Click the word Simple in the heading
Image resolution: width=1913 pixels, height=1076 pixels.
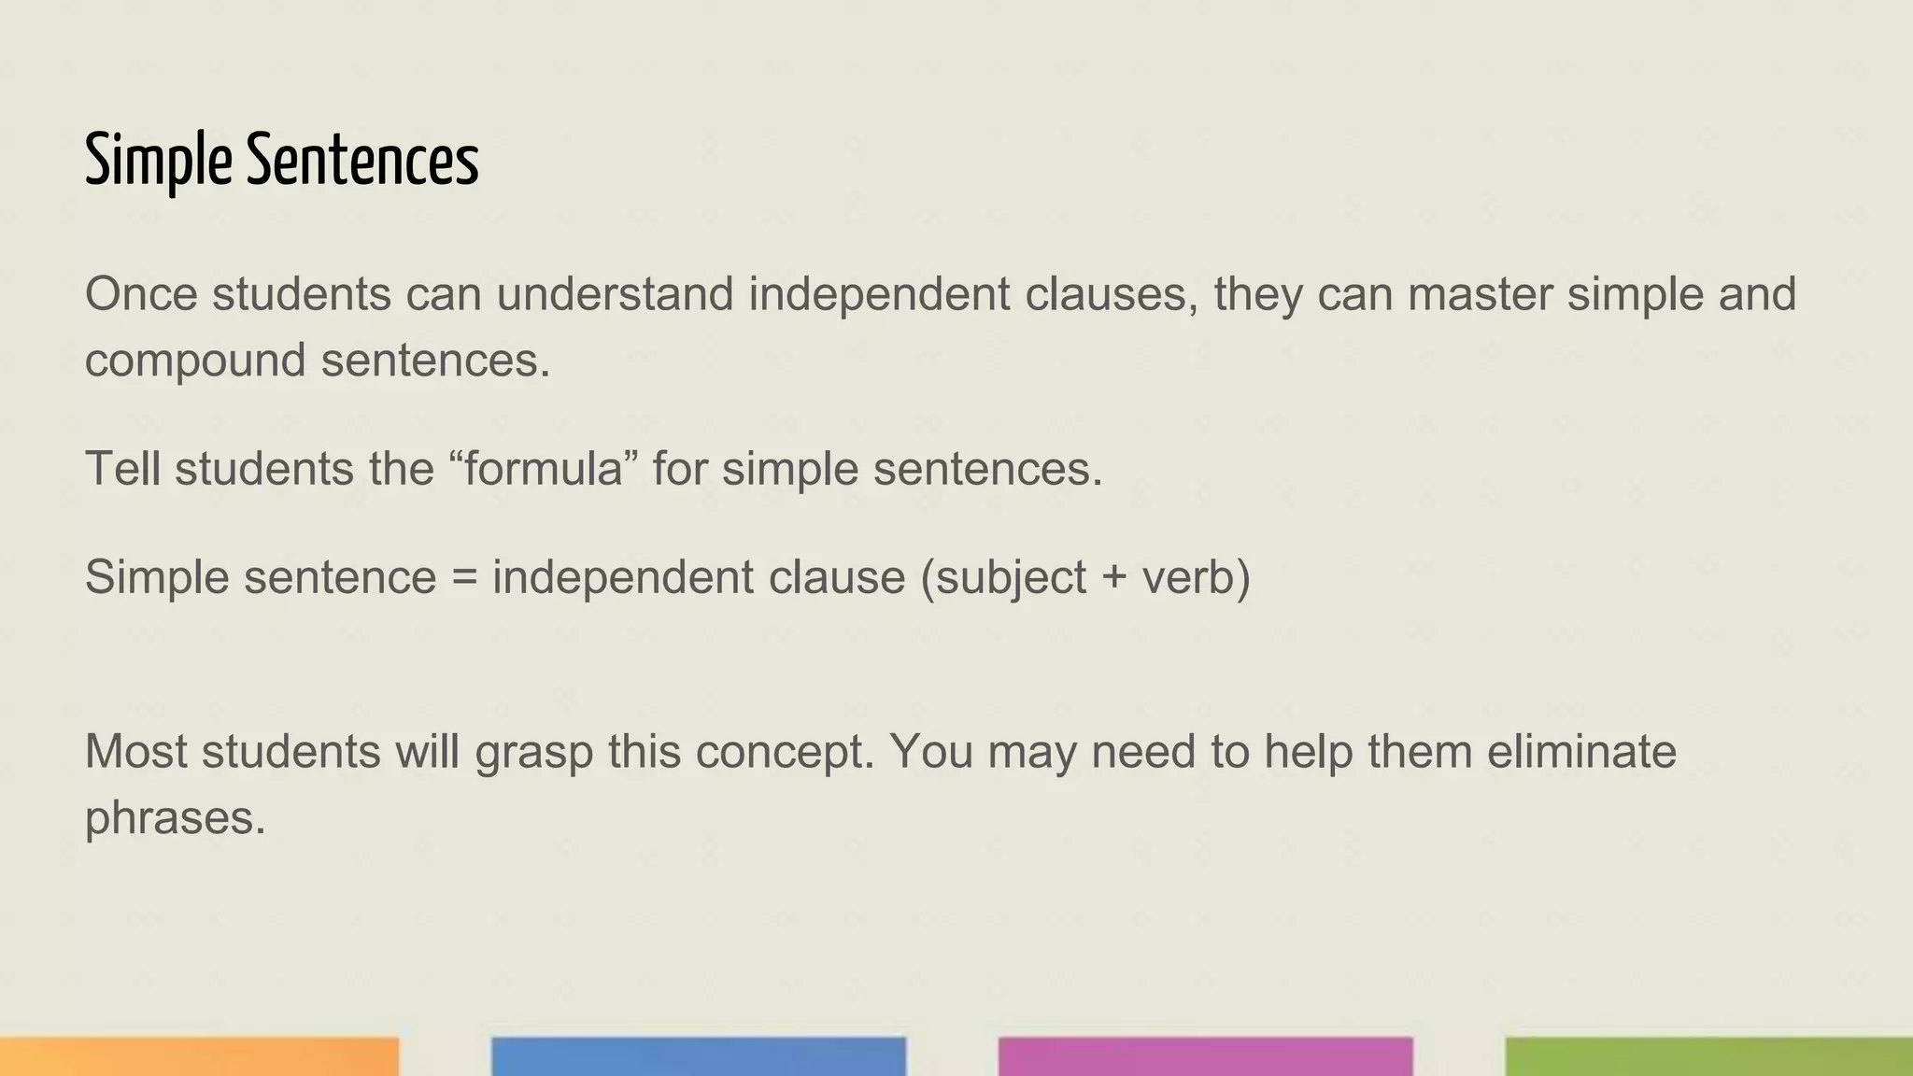point(158,161)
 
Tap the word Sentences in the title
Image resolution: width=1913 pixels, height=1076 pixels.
point(362,161)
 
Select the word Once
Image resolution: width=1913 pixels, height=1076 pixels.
point(141,294)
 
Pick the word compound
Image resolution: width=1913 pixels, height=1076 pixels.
point(195,361)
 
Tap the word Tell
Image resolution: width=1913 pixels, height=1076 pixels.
point(122,468)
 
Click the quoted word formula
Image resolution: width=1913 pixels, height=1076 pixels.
point(543,468)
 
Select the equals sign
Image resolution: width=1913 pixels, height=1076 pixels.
point(464,577)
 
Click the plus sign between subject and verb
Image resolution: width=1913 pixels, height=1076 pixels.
point(1113,577)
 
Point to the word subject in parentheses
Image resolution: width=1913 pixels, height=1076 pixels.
point(1010,577)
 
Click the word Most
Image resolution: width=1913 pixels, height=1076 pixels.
point(136,751)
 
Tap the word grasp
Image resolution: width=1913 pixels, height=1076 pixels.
point(534,753)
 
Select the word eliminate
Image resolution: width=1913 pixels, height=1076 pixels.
point(1581,751)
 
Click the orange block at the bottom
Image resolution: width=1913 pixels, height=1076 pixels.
point(199,1056)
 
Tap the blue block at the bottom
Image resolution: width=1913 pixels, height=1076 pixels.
point(699,1056)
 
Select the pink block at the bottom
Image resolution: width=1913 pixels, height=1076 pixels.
point(1205,1056)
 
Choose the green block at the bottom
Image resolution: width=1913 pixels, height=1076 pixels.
point(1709,1056)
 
